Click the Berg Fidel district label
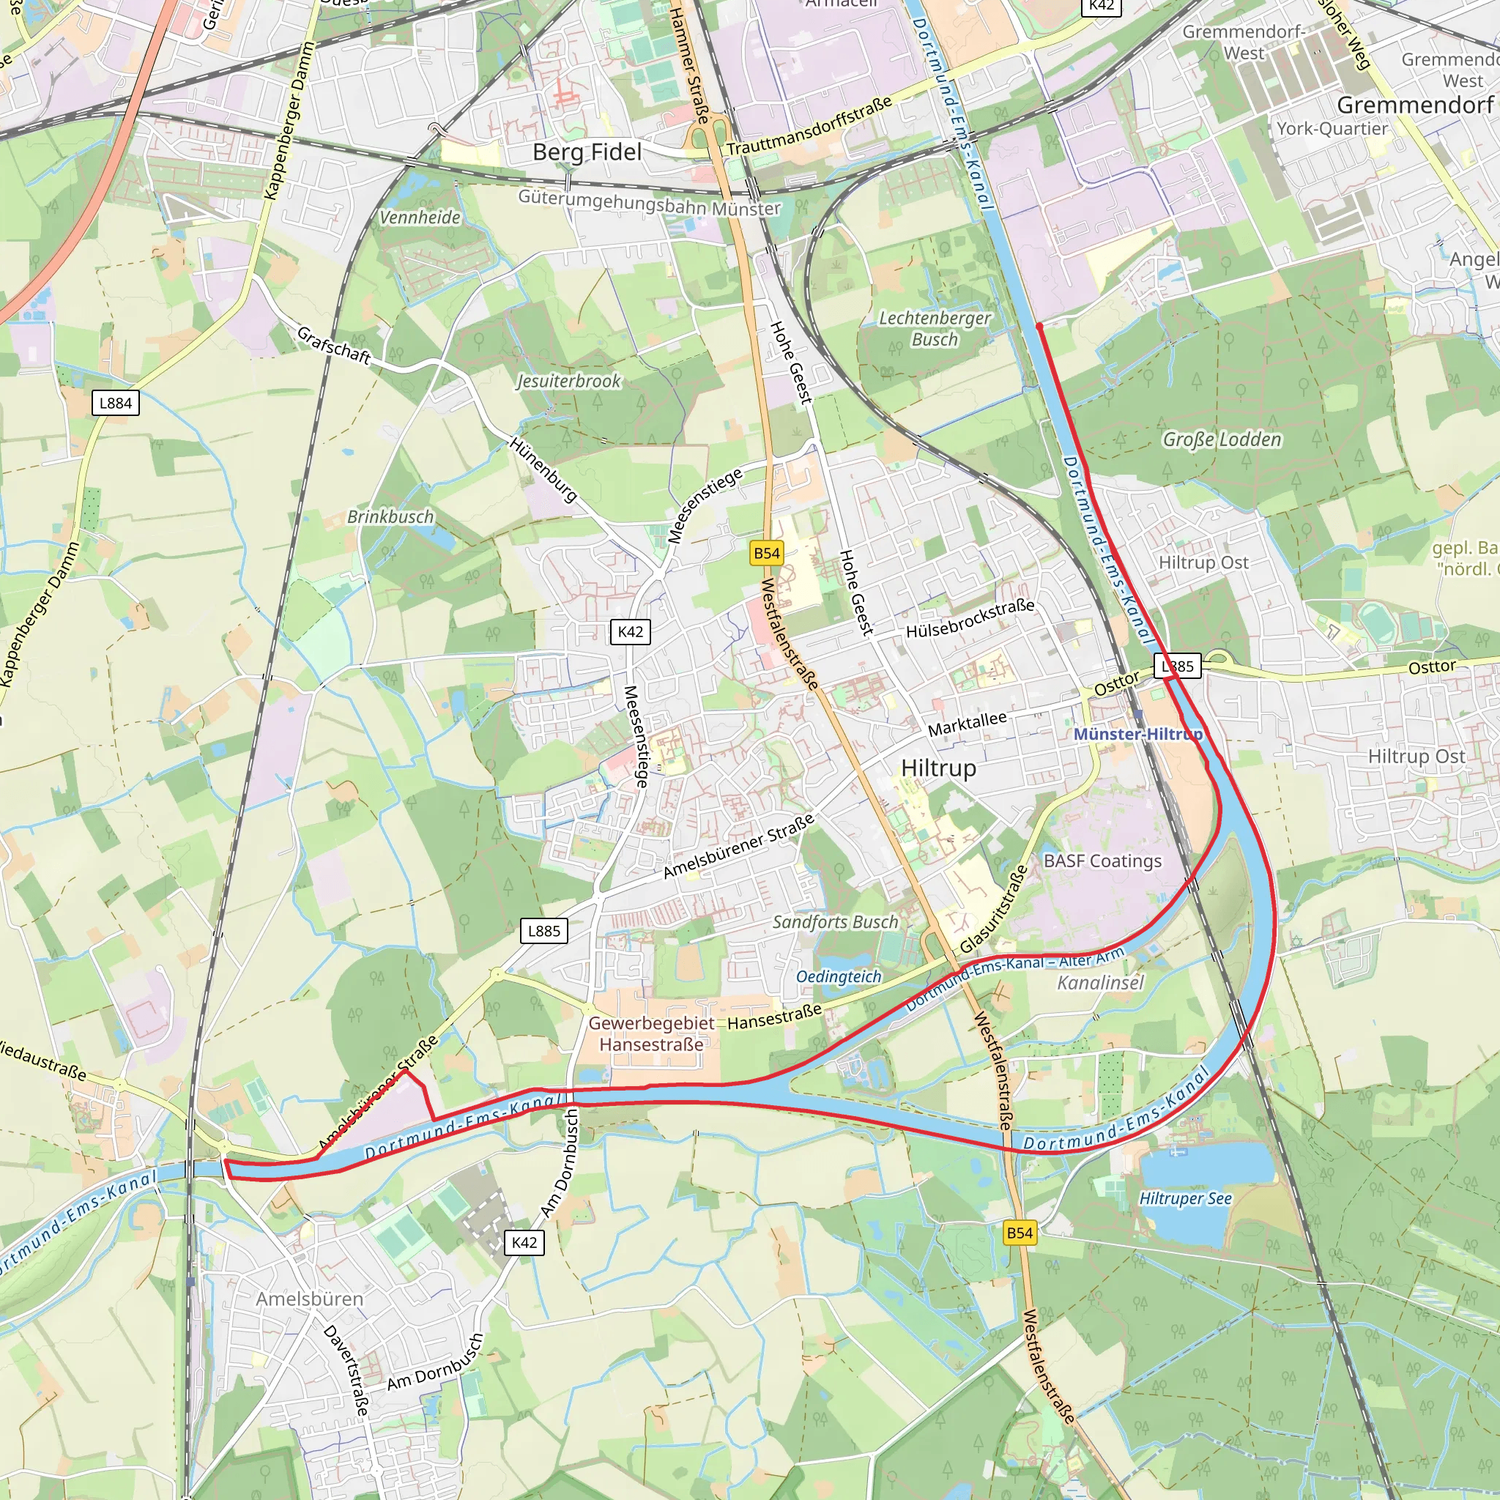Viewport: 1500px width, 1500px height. pyautogui.click(x=587, y=152)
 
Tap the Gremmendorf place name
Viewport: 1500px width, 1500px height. pyautogui.click(x=1414, y=105)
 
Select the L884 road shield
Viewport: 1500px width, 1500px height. pyautogui.click(x=116, y=403)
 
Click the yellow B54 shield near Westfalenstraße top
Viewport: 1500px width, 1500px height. pyautogui.click(x=766, y=553)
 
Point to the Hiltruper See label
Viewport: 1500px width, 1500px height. pyautogui.click(x=1185, y=1198)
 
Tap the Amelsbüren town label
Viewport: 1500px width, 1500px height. pyautogui.click(x=309, y=1299)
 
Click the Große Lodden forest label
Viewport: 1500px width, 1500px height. pyautogui.click(x=1221, y=439)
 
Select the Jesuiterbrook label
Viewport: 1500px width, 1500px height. pyautogui.click(x=569, y=381)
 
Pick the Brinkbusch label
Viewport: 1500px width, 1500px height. pyautogui.click(x=390, y=516)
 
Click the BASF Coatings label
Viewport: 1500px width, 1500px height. pyautogui.click(x=1102, y=861)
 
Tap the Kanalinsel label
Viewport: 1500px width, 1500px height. pyautogui.click(x=1100, y=983)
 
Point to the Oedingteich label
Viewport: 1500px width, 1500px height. pyautogui.click(x=839, y=977)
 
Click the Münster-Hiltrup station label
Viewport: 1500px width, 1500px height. pyautogui.click(x=1137, y=734)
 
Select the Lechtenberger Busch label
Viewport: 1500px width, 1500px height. pyautogui.click(x=935, y=328)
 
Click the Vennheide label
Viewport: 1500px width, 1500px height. pyautogui.click(x=419, y=218)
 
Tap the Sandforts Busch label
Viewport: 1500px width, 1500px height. pyautogui.click(x=835, y=921)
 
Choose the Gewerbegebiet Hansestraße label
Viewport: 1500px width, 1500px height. pyautogui.click(x=650, y=1033)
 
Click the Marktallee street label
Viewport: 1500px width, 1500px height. pyautogui.click(x=967, y=724)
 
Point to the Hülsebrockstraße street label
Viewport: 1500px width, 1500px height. pyautogui.click(x=970, y=619)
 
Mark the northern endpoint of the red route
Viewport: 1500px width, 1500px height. pyautogui.click(x=1039, y=327)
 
